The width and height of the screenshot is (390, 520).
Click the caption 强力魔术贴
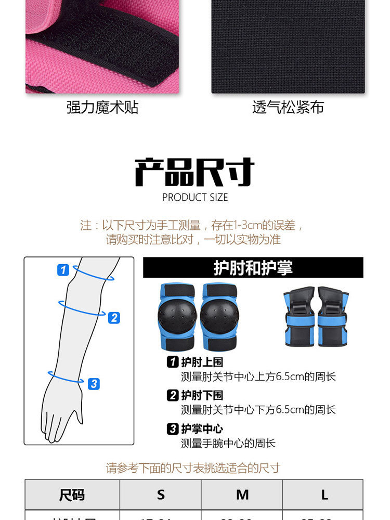pos(102,108)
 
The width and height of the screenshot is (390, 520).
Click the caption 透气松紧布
pos(288,108)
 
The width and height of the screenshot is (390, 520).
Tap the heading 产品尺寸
pos(194,172)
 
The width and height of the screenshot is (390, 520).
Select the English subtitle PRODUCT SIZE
pos(195,198)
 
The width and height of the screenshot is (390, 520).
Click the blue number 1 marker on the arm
pos(63,270)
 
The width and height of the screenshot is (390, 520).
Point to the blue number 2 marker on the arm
pos(114,317)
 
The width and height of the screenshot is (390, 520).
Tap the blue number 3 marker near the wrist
pos(94,384)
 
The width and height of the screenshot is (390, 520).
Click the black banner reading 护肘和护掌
pos(253,268)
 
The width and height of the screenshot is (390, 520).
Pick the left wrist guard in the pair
pos(299,317)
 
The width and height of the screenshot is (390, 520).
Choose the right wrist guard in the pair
pos(333,317)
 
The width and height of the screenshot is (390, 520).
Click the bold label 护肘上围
pos(202,362)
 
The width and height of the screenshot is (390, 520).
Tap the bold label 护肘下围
pos(202,396)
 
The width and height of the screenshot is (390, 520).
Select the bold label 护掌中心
pos(202,429)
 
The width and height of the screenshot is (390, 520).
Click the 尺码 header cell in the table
pos(72,495)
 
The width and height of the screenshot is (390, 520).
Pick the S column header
pos(161,495)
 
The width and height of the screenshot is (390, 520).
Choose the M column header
pos(242,495)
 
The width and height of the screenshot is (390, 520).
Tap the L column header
pos(324,495)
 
